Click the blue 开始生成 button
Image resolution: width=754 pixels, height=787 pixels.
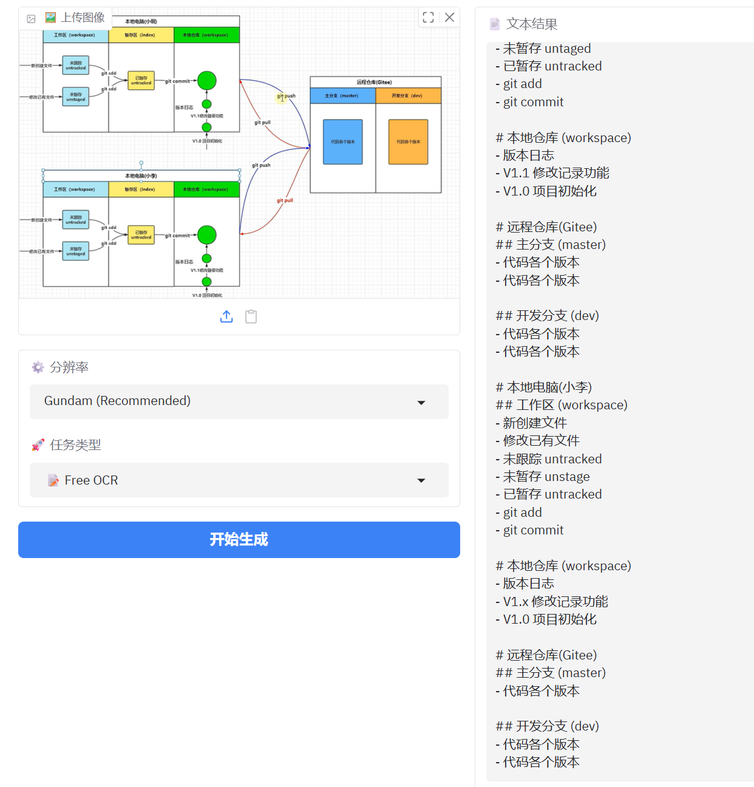[x=239, y=539]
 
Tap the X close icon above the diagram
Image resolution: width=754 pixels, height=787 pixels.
[x=449, y=18]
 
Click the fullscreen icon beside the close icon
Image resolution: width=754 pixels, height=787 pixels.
[x=428, y=18]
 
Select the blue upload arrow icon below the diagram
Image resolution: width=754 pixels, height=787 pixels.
[x=226, y=316]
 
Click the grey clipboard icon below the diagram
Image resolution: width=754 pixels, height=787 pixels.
[x=251, y=316]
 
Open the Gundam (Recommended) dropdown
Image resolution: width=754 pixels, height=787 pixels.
[x=239, y=401]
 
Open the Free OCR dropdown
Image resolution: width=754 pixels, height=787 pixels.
[x=239, y=480]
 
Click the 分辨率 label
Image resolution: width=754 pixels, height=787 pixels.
[x=69, y=367]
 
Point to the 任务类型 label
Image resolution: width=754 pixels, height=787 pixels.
[x=75, y=445]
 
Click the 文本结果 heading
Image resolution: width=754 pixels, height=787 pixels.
[x=531, y=24]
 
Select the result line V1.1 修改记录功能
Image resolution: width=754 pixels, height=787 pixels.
[x=555, y=173]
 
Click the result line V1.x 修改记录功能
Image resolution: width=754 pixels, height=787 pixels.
[x=555, y=601]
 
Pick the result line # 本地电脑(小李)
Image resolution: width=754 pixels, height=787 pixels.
[x=543, y=387]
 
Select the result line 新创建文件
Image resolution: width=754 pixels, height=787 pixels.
[x=534, y=423]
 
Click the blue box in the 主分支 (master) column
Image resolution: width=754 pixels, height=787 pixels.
[x=342, y=141]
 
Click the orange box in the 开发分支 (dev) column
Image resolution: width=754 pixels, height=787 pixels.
[x=408, y=141]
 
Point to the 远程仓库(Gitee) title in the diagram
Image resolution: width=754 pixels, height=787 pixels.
[x=374, y=82]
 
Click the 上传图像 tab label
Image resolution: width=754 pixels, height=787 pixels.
[x=83, y=18]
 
